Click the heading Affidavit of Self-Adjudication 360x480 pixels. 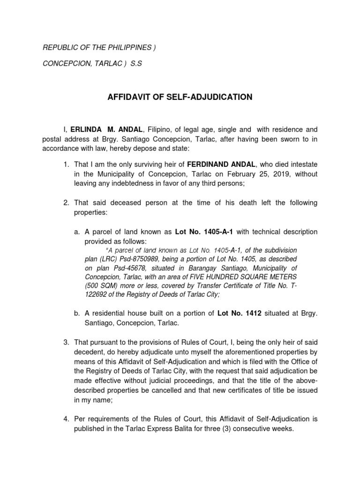pos(180,97)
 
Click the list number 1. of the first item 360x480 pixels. pos(67,165)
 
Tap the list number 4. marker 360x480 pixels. pos(67,420)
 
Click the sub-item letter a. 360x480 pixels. pos(77,232)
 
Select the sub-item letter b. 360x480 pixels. pos(77,314)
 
